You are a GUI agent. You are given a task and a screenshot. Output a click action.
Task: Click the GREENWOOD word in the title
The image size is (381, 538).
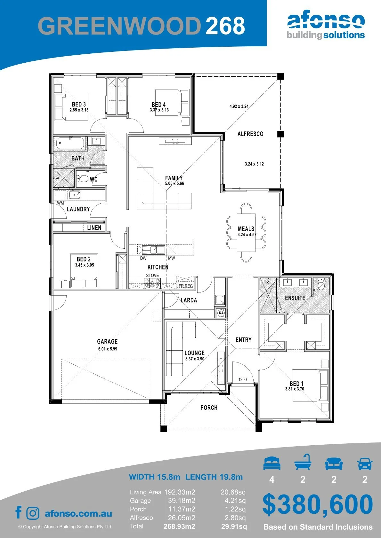119,26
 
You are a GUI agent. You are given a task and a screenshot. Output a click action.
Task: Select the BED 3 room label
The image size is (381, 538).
79,104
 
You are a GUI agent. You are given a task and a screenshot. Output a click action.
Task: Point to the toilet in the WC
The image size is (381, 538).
83,178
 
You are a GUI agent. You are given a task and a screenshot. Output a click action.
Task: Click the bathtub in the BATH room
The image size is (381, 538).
70,144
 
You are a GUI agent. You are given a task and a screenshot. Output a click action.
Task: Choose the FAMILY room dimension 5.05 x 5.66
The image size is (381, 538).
174,183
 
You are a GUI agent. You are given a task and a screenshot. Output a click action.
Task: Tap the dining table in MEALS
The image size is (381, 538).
246,232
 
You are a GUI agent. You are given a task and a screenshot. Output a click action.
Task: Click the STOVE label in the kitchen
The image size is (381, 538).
152,275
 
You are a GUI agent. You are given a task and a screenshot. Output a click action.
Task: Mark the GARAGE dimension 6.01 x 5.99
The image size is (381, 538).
108,349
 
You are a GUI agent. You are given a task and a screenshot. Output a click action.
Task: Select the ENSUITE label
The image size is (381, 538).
295,298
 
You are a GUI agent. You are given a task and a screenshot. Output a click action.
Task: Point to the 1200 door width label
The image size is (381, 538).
242,379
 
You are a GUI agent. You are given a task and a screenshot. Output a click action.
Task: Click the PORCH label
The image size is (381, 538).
209,408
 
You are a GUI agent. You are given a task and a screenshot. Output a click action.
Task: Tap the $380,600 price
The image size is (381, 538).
318,504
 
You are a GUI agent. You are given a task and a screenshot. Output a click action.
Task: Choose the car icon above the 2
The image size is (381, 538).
365,464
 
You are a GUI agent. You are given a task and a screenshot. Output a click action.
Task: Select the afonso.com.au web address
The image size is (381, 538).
78,513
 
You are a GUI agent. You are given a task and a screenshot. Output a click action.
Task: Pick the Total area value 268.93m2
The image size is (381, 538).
179,526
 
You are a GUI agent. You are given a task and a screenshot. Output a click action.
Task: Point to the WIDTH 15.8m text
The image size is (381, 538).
154,477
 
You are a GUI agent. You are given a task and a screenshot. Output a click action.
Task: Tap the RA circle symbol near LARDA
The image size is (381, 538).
221,313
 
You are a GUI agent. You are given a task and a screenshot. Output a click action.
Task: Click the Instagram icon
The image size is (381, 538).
33,513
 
